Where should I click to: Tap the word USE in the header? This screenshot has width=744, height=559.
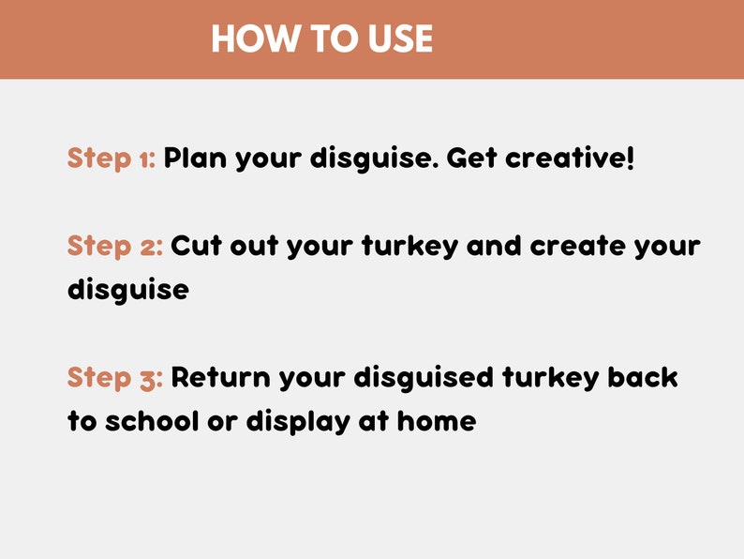tap(400, 39)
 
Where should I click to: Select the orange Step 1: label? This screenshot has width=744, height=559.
tap(112, 159)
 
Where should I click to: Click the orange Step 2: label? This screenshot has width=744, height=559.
tap(115, 247)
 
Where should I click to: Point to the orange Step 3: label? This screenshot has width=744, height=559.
tap(115, 378)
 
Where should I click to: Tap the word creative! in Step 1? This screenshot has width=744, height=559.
tap(570, 159)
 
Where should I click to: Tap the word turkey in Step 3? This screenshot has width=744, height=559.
tap(550, 380)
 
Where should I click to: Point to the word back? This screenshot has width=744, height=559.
tap(643, 378)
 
